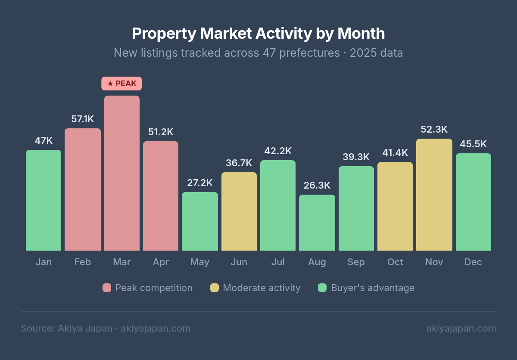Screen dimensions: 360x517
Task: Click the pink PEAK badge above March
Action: pyautogui.click(x=121, y=84)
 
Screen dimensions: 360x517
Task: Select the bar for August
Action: pyautogui.click(x=317, y=223)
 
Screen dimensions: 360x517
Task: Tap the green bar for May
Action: pyautogui.click(x=200, y=221)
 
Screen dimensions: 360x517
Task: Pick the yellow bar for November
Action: pyautogui.click(x=434, y=195)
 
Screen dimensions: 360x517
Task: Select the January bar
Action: pyautogui.click(x=44, y=200)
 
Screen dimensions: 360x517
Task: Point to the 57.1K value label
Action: pyautogui.click(x=83, y=119)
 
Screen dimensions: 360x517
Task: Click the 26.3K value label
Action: pyautogui.click(x=317, y=186)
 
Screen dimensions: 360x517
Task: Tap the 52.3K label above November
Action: pyautogui.click(x=434, y=130)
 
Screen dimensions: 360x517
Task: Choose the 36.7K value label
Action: pyautogui.click(x=239, y=163)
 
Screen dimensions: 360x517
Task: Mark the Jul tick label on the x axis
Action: pyautogui.click(x=278, y=262)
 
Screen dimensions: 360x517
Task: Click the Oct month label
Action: pyautogui.click(x=395, y=262)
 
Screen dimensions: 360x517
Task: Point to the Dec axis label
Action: pyautogui.click(x=473, y=262)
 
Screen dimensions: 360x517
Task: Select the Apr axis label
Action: pyautogui.click(x=161, y=262)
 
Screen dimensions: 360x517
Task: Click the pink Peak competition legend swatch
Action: pyautogui.click(x=107, y=288)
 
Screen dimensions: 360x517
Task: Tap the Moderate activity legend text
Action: pyautogui.click(x=262, y=288)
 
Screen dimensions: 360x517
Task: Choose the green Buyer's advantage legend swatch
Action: pyautogui.click(x=322, y=288)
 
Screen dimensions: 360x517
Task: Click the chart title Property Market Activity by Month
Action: pyautogui.click(x=258, y=33)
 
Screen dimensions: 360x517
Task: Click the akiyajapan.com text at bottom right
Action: pyautogui.click(x=461, y=329)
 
